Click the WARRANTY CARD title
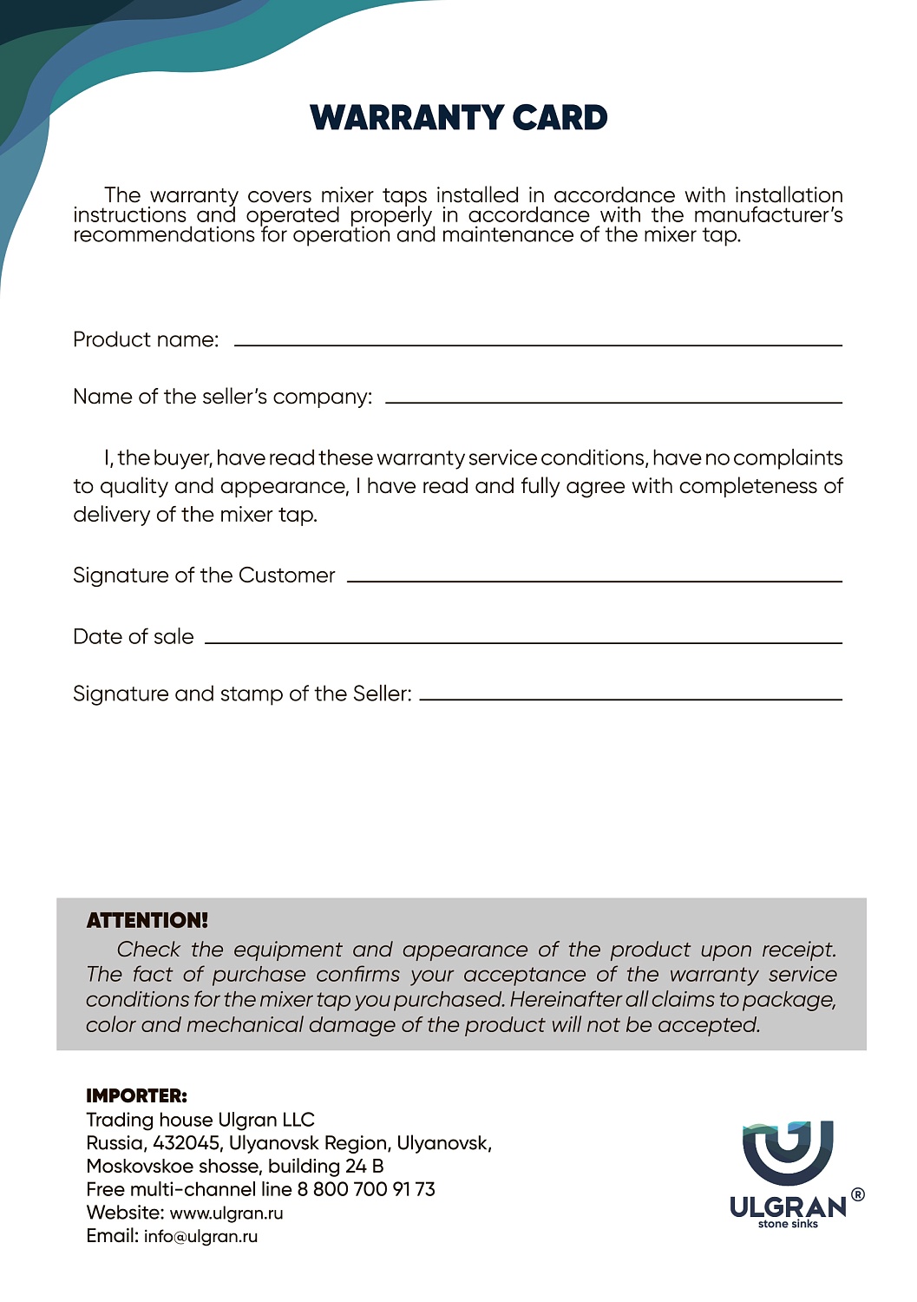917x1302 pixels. pyautogui.click(x=458, y=118)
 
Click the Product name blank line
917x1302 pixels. pyautogui.click(x=538, y=345)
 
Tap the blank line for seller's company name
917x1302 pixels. pyautogui.click(x=613, y=402)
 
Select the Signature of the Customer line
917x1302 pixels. pyautogui.click(x=594, y=581)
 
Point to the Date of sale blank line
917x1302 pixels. pyautogui.click(x=523, y=642)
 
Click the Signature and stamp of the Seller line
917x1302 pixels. pyautogui.click(x=631, y=699)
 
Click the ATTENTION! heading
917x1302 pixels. pyautogui.click(x=147, y=921)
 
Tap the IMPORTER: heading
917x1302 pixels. pyautogui.click(x=136, y=1096)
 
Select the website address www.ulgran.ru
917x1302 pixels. pyautogui.click(x=226, y=1213)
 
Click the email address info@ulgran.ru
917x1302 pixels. pyautogui.click(x=200, y=1237)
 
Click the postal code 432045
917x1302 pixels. pyautogui.click(x=187, y=1143)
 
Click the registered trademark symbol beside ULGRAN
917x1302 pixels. pyautogui.click(x=858, y=1195)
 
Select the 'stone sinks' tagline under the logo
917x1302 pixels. pyautogui.click(x=788, y=1225)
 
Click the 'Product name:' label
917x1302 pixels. pyautogui.click(x=146, y=339)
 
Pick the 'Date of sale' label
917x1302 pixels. pyautogui.click(x=134, y=637)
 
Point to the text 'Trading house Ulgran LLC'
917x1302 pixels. pyautogui.click(x=200, y=1120)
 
